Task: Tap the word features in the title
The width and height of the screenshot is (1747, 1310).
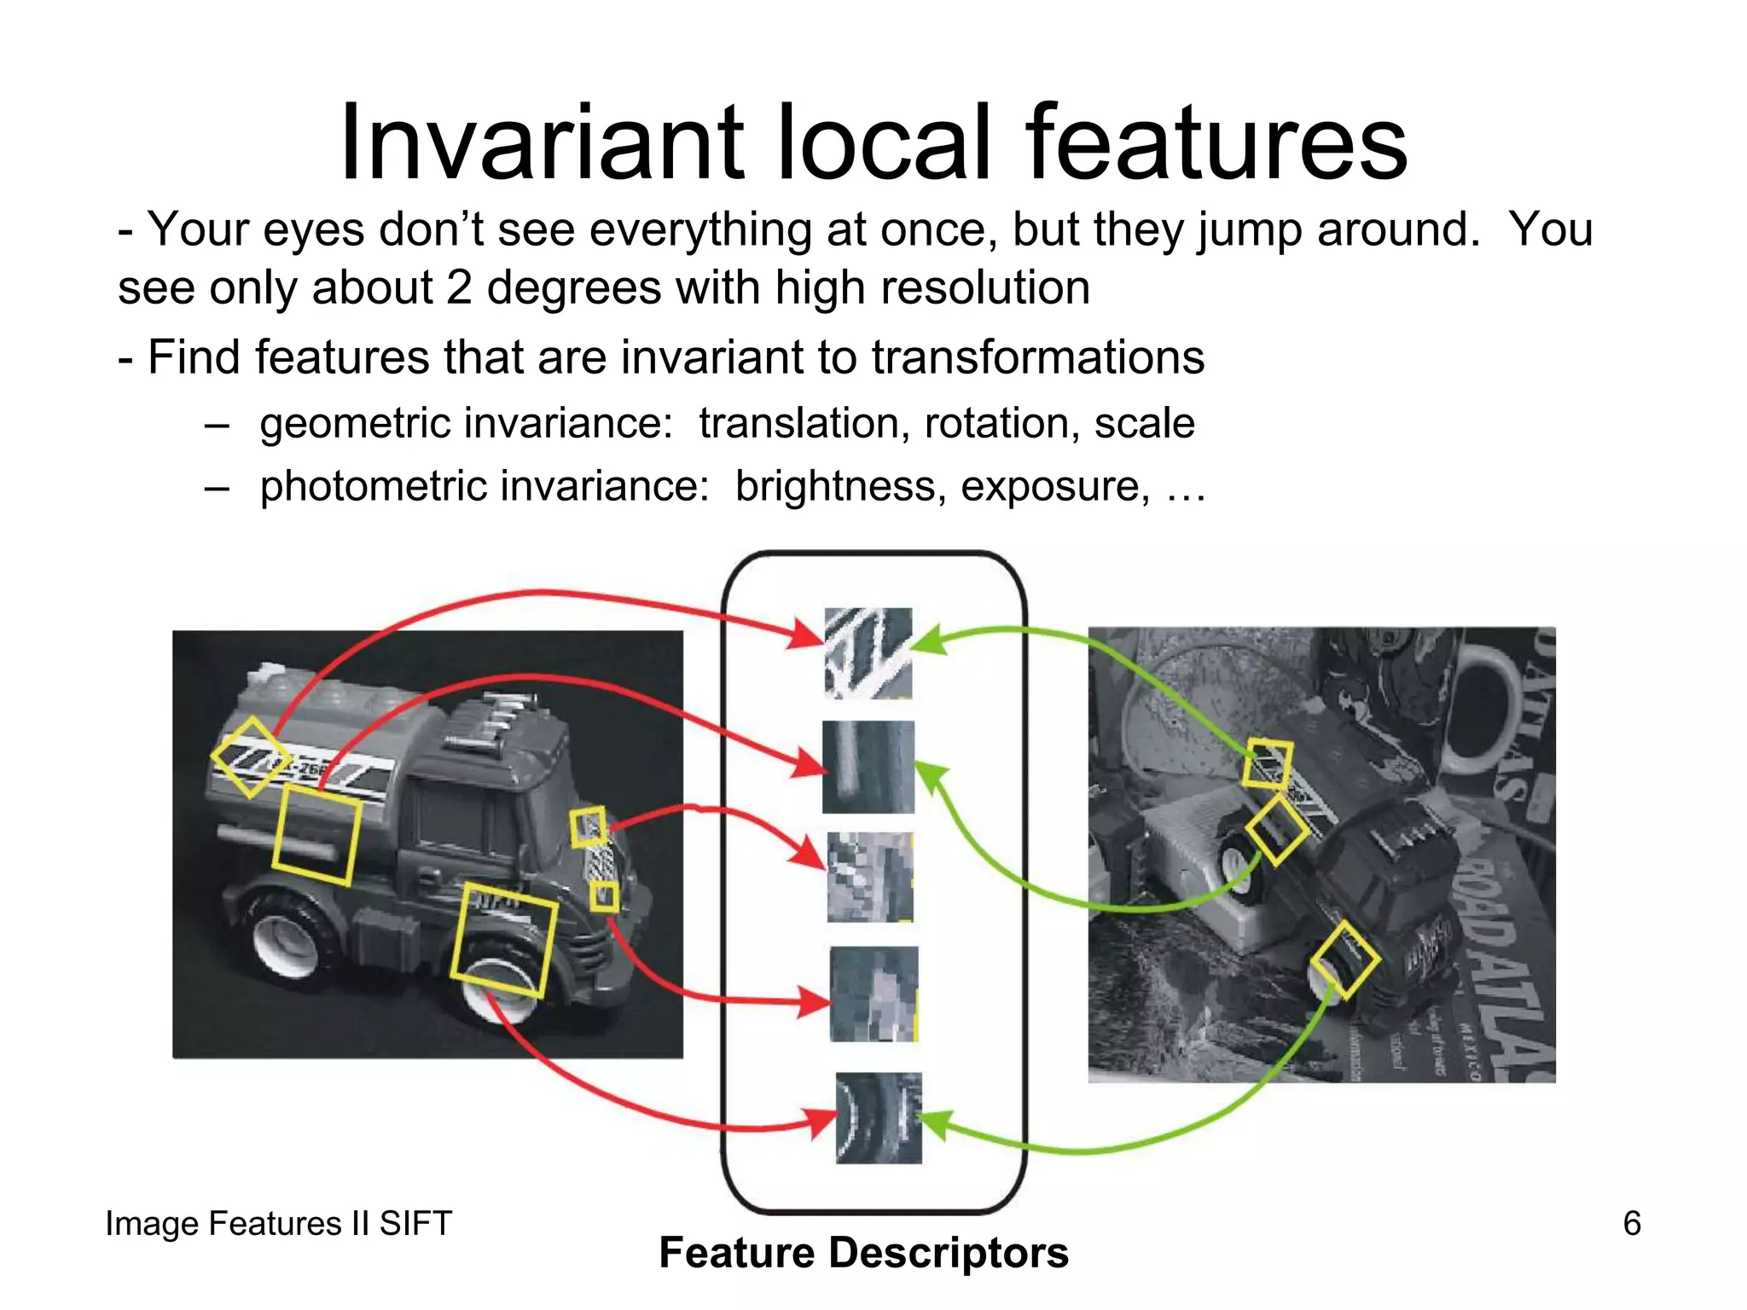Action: click(x=1215, y=143)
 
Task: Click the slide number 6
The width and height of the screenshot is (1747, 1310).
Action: click(x=1631, y=1224)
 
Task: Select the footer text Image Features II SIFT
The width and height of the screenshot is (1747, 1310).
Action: click(x=278, y=1224)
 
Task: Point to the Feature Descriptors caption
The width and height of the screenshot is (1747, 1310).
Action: click(x=863, y=1253)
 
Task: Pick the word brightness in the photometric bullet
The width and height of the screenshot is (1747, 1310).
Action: click(x=840, y=487)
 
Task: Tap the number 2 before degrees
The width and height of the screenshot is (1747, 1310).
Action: click(x=459, y=288)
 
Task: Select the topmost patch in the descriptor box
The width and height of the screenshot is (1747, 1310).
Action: click(x=868, y=653)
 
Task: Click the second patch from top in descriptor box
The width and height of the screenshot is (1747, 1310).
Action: click(x=868, y=767)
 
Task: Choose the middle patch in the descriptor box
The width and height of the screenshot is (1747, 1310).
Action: click(x=870, y=878)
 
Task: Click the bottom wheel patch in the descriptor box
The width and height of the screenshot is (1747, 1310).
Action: click(x=879, y=1118)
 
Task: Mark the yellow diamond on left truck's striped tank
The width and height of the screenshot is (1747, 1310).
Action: click(x=250, y=757)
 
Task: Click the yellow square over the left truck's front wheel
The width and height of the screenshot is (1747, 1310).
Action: click(x=503, y=941)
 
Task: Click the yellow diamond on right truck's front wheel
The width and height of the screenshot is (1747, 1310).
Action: click(x=1344, y=959)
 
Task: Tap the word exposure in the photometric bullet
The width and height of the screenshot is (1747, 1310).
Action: click(x=1054, y=487)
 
